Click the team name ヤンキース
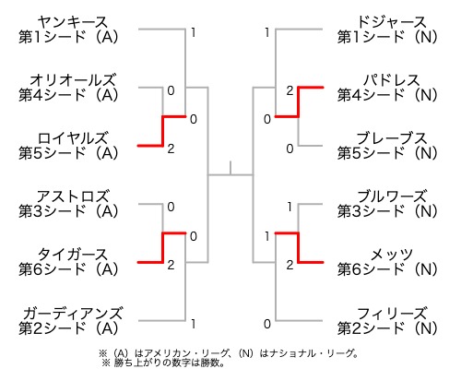tap(73, 22)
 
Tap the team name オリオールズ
tap(73, 80)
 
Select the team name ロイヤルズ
tap(73, 138)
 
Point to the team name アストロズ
tap(73, 196)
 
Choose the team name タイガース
tap(73, 255)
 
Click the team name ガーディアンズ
tap(73, 314)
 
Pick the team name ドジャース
tap(392, 22)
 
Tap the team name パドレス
tap(392, 80)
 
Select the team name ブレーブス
tap(392, 138)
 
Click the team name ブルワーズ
tap(392, 196)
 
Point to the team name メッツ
tap(392, 255)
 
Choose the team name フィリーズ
tap(392, 314)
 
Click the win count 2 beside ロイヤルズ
tap(171, 149)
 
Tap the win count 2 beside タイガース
tap(171, 265)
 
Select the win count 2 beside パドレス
tap(290, 90)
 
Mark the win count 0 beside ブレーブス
tap(290, 149)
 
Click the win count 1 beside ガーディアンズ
tap(193, 324)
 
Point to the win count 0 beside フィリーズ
tap(267, 324)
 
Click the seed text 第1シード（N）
tap(387, 37)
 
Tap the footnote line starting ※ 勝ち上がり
tap(162, 363)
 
